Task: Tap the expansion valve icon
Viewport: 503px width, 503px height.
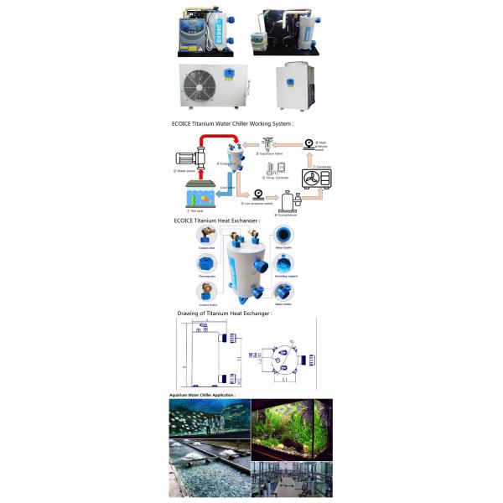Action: click(x=267, y=144)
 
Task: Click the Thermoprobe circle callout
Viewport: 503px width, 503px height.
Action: click(x=205, y=262)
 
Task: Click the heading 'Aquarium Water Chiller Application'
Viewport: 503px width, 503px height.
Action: click(x=202, y=394)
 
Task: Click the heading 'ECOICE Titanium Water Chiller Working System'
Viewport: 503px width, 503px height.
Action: click(x=233, y=123)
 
